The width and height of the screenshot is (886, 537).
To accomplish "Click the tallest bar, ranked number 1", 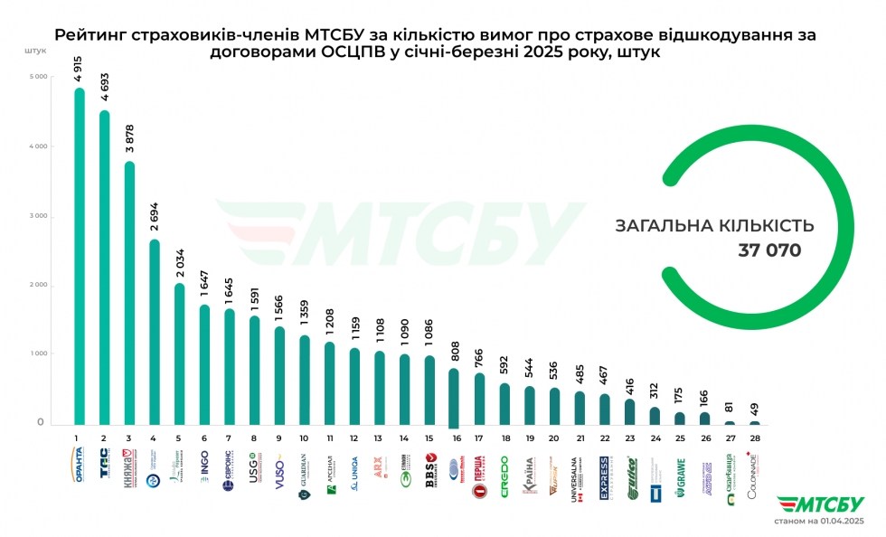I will (x=80, y=258).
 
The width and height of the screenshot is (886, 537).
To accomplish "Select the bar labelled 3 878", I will (x=129, y=294).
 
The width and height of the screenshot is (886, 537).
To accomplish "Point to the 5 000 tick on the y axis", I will (x=37, y=77).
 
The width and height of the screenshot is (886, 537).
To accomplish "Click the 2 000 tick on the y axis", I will (x=37, y=286).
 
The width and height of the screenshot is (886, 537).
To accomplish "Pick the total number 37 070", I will (x=769, y=250).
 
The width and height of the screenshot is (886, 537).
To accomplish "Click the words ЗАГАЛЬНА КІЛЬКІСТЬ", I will (x=714, y=225).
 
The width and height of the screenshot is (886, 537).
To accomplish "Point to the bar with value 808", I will (x=453, y=398).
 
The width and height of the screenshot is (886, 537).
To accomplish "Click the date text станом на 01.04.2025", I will (x=815, y=521).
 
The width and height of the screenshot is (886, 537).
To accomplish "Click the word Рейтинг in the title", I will (x=89, y=35).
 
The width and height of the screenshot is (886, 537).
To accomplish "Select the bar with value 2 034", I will (x=180, y=354).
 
